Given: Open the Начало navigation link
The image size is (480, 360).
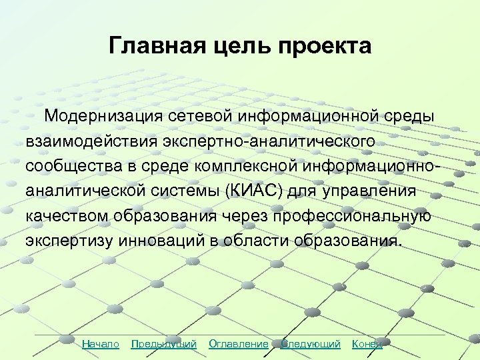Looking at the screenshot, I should point(100,344).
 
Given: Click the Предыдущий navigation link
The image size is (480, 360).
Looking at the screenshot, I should point(164,344).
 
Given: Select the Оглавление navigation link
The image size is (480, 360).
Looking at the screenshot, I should point(238,344).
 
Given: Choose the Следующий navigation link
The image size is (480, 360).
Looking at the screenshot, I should point(311,344).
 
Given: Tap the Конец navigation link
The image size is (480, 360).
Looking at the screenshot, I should point(367,344).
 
